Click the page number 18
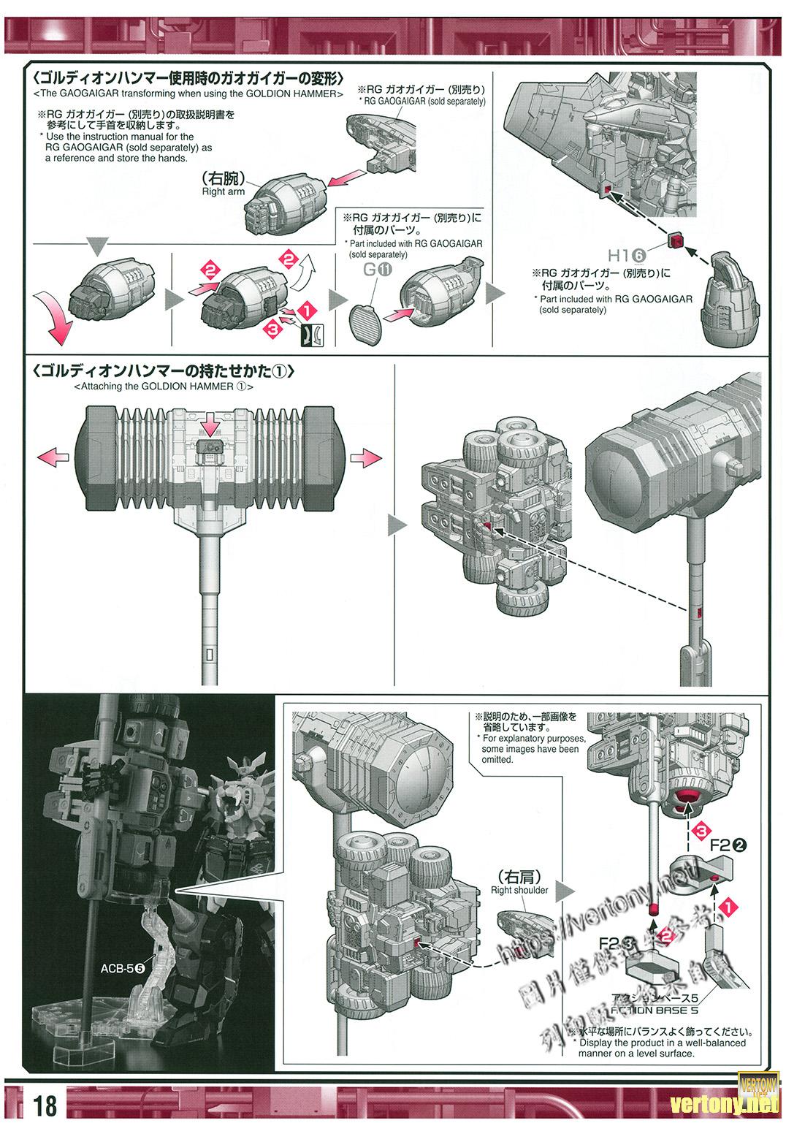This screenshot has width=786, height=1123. [x=45, y=1105]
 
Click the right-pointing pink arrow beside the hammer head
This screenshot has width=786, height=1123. [x=367, y=459]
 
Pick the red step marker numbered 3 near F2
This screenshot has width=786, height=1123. [x=700, y=831]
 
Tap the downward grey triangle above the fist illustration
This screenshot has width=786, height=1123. [x=97, y=247]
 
